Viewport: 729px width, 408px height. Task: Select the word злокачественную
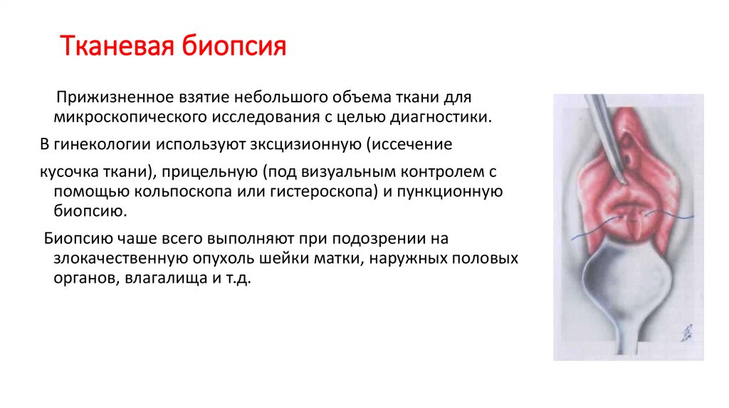pos(127,259)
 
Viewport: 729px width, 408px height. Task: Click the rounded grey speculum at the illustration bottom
pos(626,284)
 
